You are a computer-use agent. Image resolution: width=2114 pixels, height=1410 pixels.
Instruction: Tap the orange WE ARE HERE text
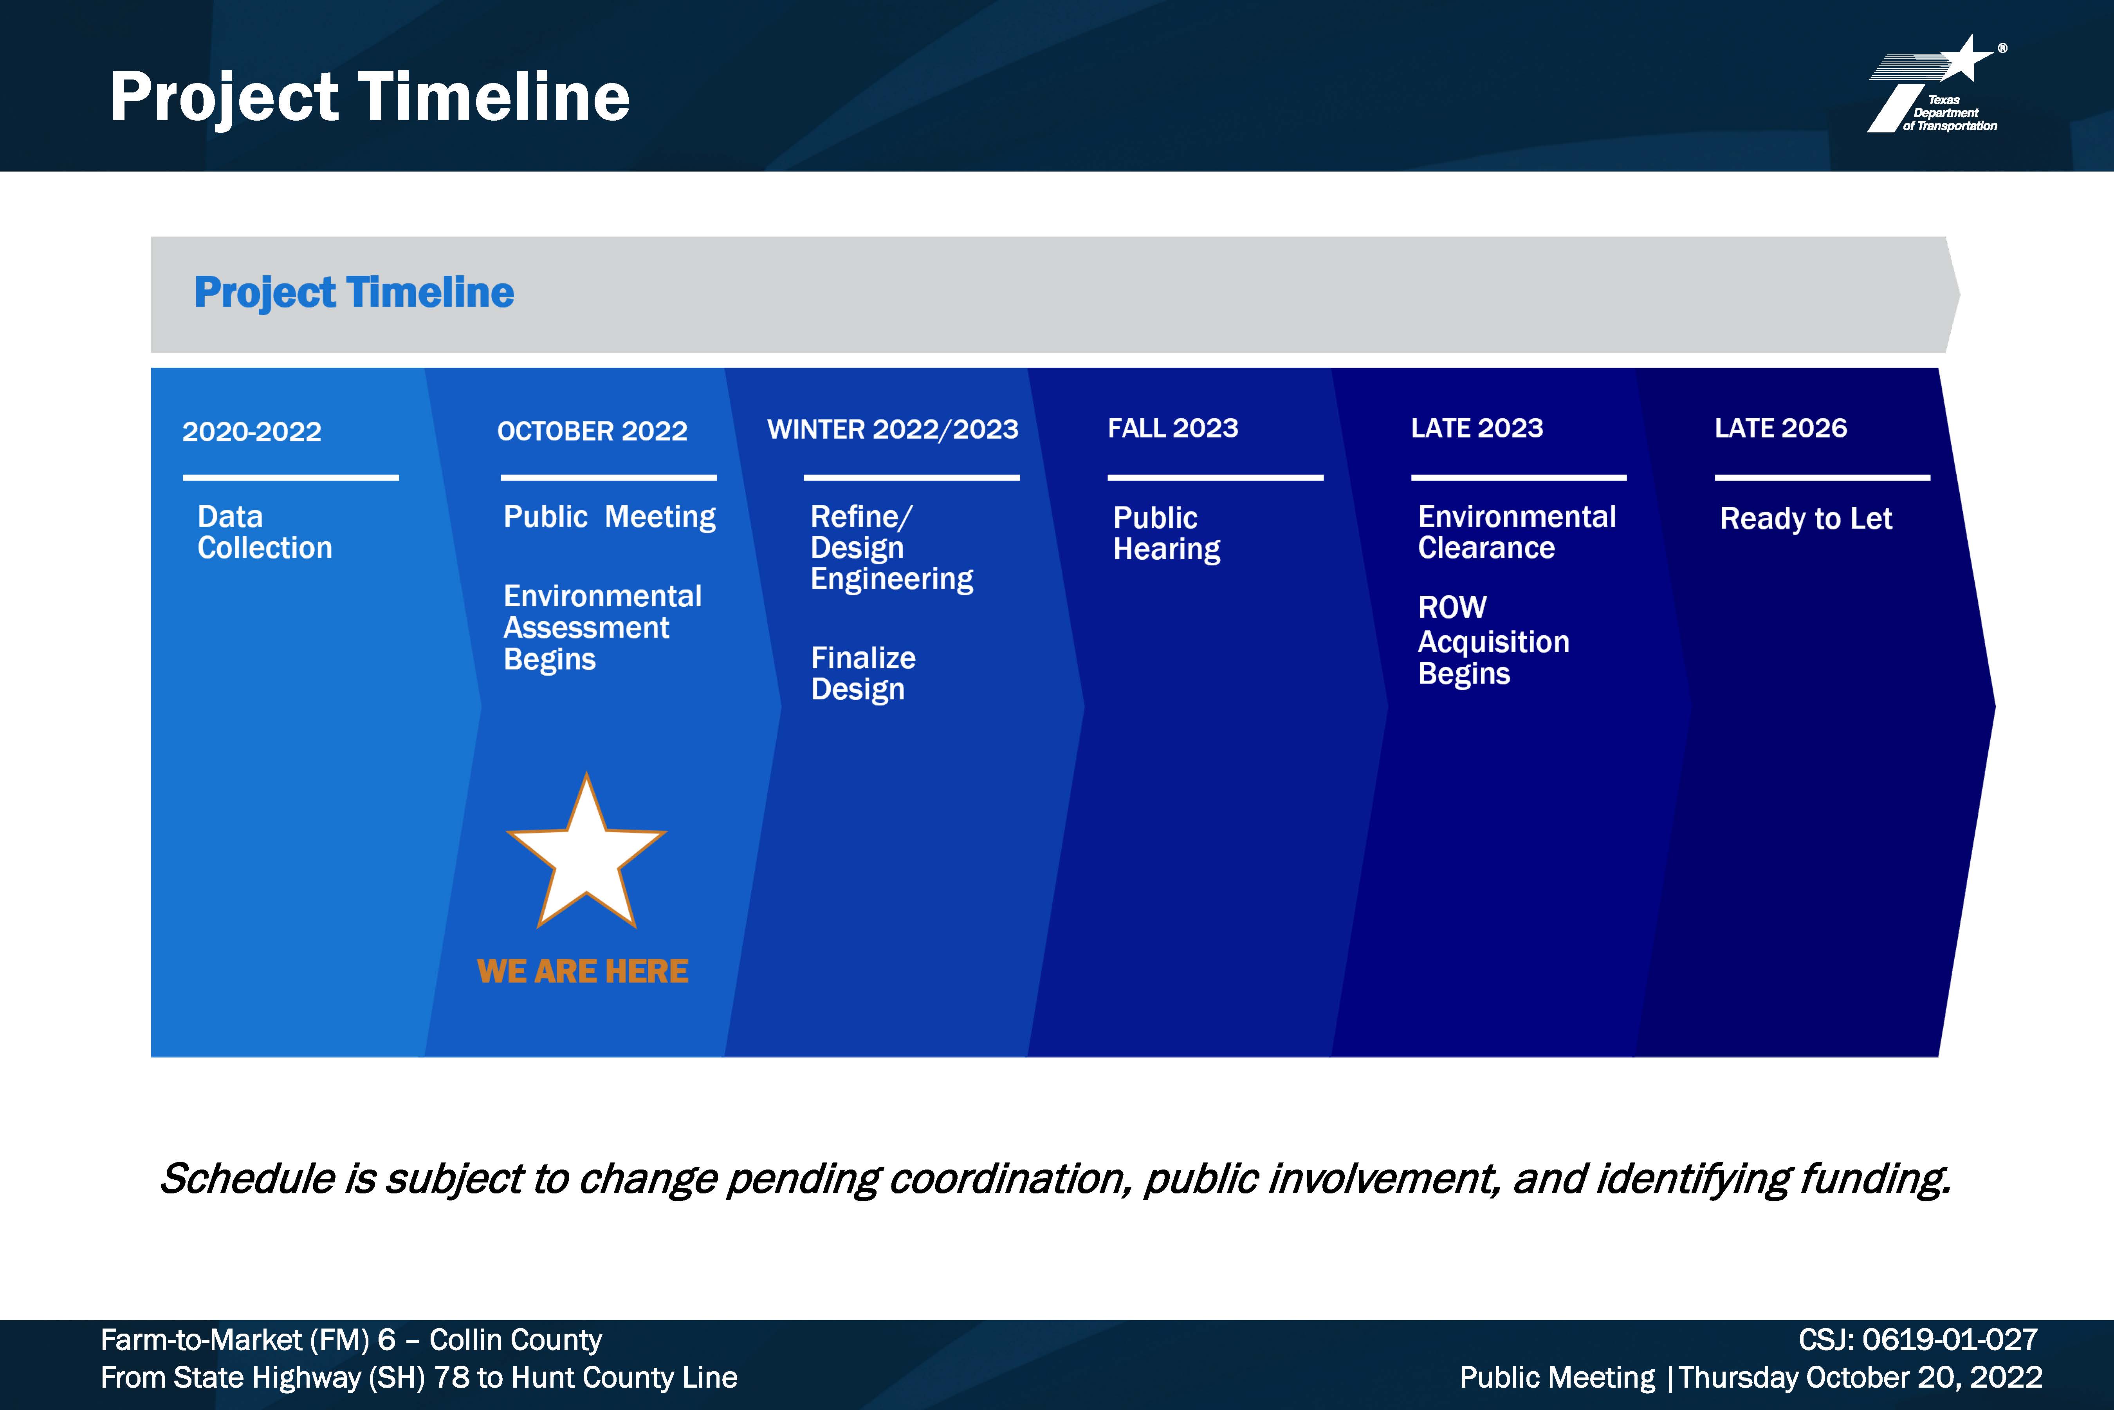pos(583,971)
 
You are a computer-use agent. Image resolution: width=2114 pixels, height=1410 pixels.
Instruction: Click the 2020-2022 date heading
pos(252,432)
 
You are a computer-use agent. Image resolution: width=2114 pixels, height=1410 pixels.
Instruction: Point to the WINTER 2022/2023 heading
pos(893,429)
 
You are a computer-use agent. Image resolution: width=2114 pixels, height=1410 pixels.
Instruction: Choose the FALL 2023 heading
pos(1173,428)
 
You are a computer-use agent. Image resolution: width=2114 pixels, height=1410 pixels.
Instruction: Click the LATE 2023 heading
pos(1477,428)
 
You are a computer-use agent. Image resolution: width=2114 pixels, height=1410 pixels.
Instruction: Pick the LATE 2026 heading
pos(1780,428)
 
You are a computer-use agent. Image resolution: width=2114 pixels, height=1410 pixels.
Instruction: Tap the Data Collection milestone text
pos(264,532)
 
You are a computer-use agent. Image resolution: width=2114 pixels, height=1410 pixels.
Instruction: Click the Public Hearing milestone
pos(1167,534)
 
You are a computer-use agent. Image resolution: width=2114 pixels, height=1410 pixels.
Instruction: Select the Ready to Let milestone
pos(1806,519)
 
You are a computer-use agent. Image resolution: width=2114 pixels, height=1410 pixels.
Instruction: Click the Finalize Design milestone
pos(863,674)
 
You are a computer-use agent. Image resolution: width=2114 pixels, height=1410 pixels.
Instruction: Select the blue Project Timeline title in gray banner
pos(354,292)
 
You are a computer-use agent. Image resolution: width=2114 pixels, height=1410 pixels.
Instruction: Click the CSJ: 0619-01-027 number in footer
pos(1918,1340)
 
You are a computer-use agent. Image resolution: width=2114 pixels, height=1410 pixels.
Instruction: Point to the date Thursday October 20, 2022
pos(1861,1377)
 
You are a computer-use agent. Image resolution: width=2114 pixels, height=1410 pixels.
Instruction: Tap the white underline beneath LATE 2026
pos(1822,477)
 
